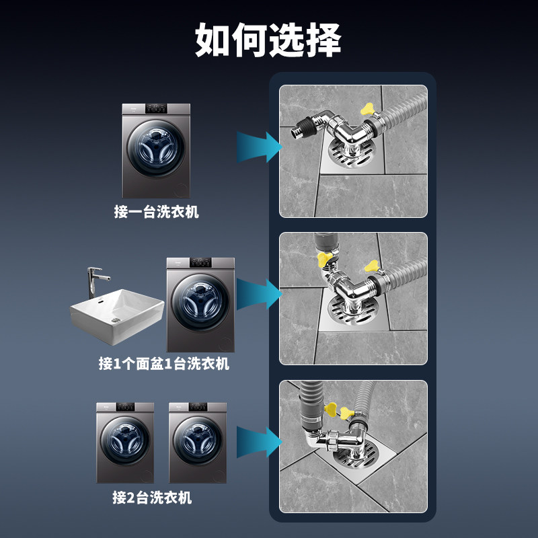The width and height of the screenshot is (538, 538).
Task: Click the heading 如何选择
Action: coord(268,41)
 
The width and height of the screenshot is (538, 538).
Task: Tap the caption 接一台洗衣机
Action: coord(157,213)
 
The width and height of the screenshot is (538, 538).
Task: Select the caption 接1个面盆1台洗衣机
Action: coord(164,364)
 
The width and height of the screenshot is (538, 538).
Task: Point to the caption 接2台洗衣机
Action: coord(152,498)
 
